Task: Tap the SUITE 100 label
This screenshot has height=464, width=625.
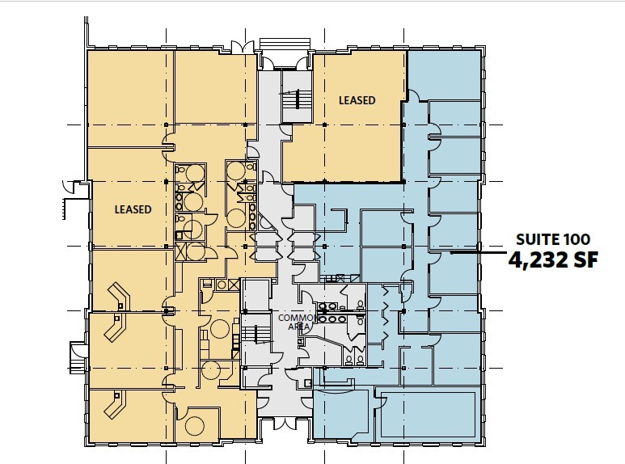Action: coord(553,239)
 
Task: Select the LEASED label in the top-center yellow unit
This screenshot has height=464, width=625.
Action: coord(357,100)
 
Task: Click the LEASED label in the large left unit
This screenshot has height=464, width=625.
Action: coord(133,209)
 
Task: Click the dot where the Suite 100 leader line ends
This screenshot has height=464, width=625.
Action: coord(452,253)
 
